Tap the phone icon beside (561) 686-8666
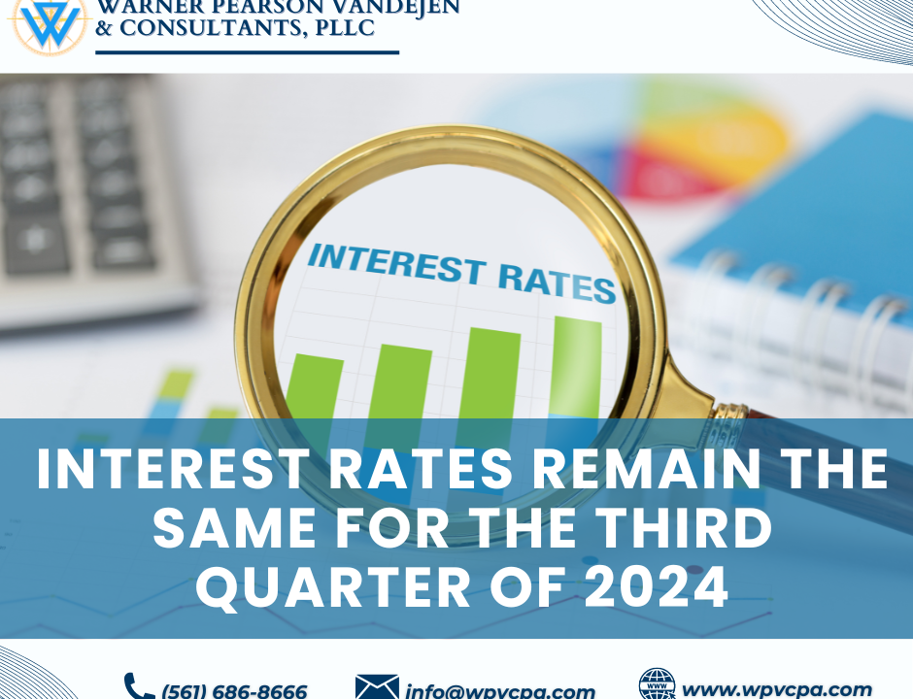(139, 686)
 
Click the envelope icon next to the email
(377, 686)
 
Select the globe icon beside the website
(658, 683)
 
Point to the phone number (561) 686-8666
(234, 691)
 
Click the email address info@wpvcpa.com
(500, 691)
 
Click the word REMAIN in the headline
(647, 469)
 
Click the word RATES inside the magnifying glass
(557, 284)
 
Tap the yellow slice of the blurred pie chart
(722, 137)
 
